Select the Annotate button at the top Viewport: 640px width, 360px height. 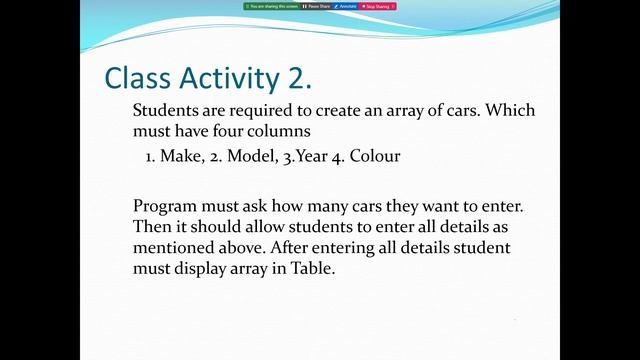pos(346,6)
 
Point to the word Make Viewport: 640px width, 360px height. pos(179,157)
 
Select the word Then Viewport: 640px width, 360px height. pos(151,226)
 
